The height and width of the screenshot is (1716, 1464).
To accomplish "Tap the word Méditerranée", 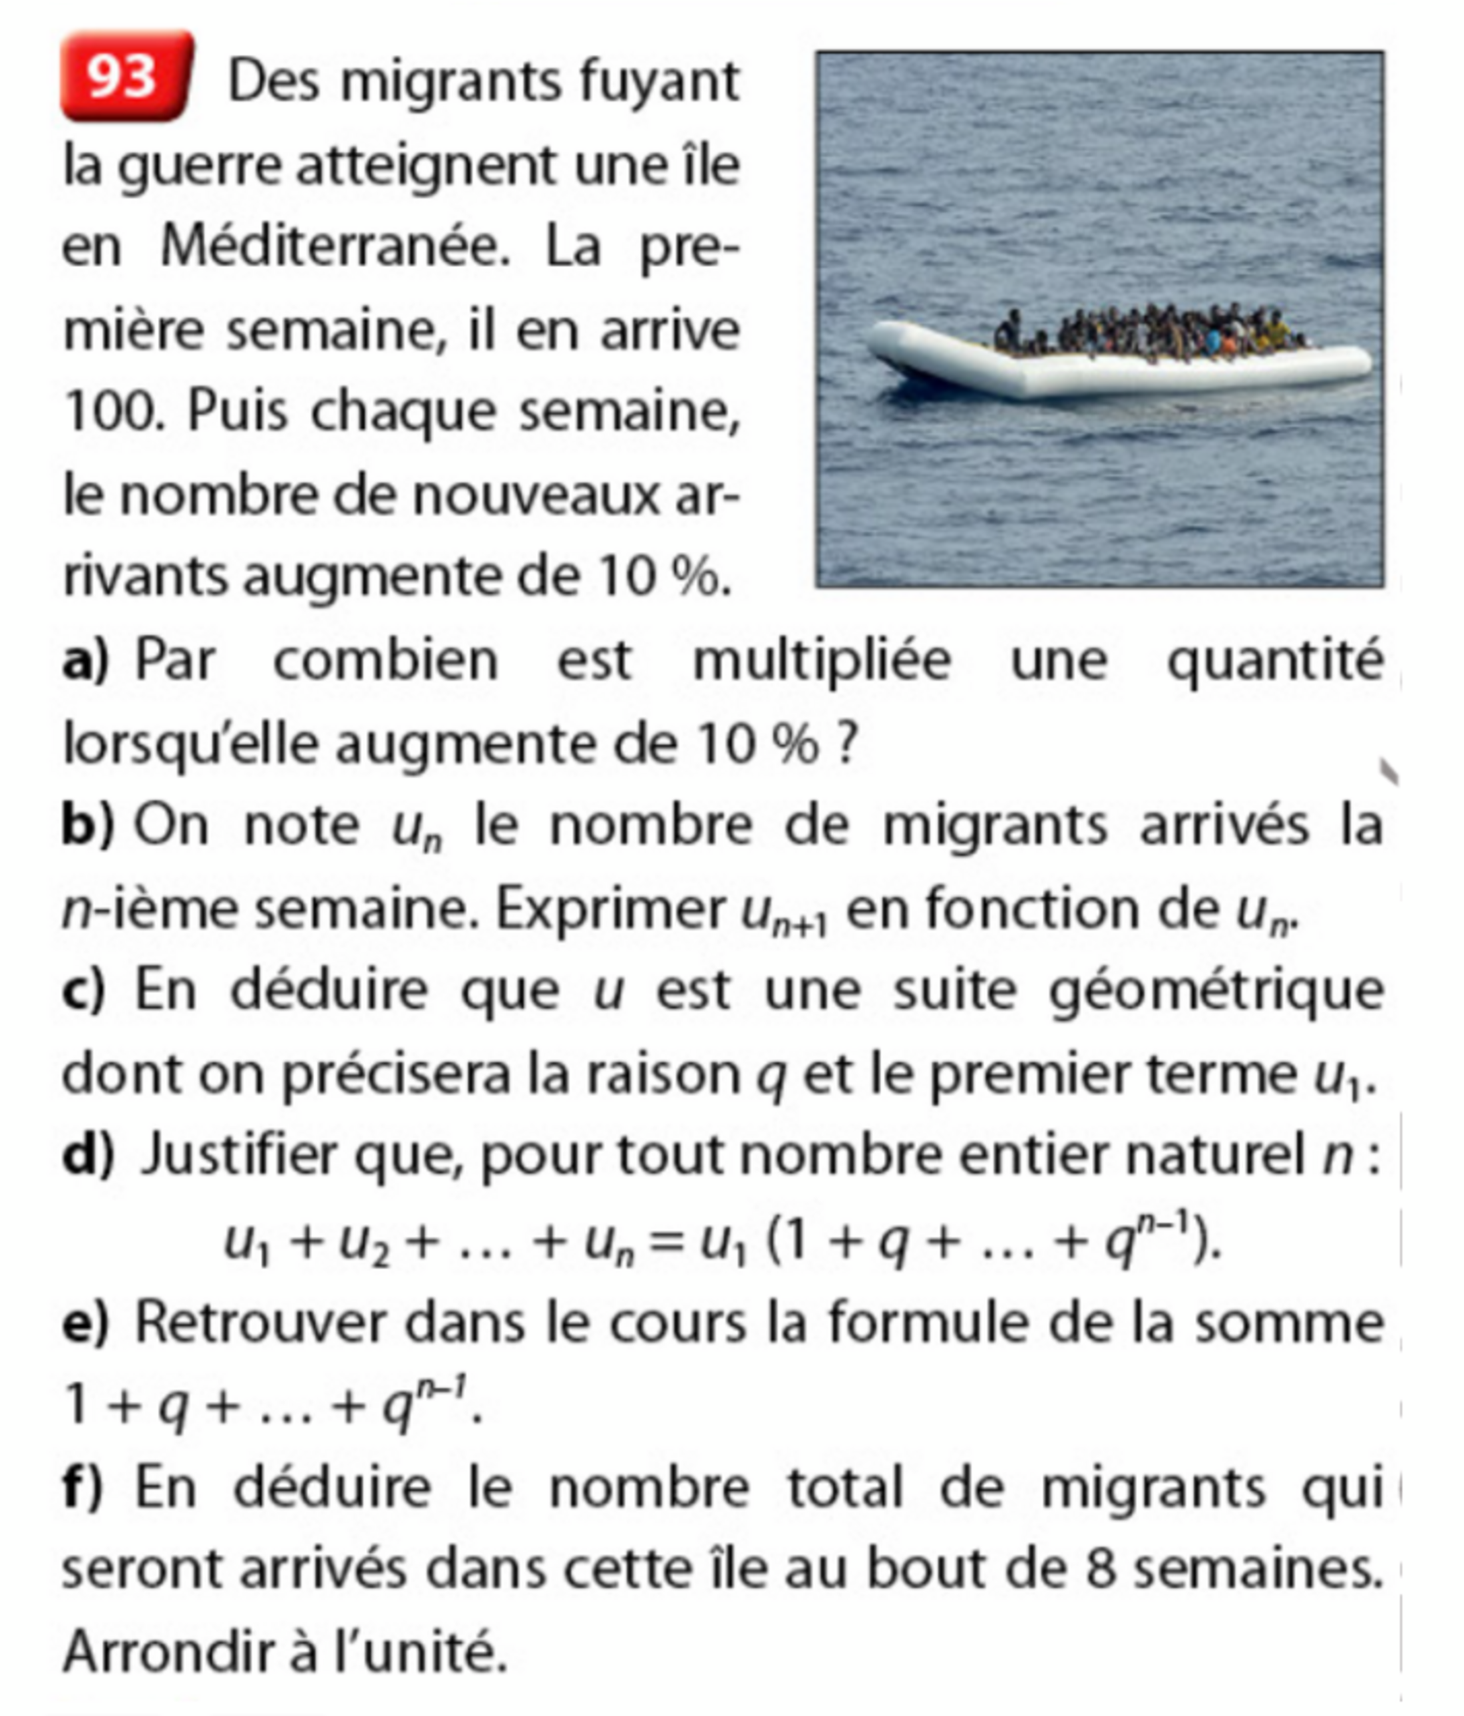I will (x=335, y=247).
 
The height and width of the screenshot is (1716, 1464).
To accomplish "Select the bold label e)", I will (x=85, y=1322).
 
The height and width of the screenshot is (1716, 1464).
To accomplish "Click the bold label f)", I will (x=82, y=1488).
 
